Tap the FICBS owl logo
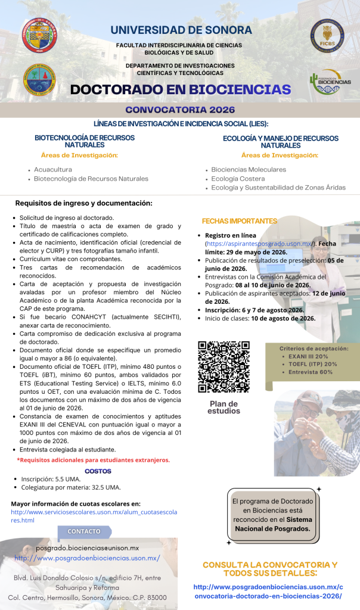tap(326, 35)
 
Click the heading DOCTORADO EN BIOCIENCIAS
tap(180, 90)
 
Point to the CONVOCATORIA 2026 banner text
tap(180, 110)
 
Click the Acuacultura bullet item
tap(53, 169)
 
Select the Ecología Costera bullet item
tap(238, 178)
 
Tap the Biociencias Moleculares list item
tap(249, 169)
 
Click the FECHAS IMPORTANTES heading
tap(239, 220)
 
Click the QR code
tap(224, 367)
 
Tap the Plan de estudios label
tap(224, 407)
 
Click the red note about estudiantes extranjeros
tap(94, 460)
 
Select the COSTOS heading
tap(98, 471)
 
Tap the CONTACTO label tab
tap(84, 531)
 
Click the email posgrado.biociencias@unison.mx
tap(87, 547)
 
